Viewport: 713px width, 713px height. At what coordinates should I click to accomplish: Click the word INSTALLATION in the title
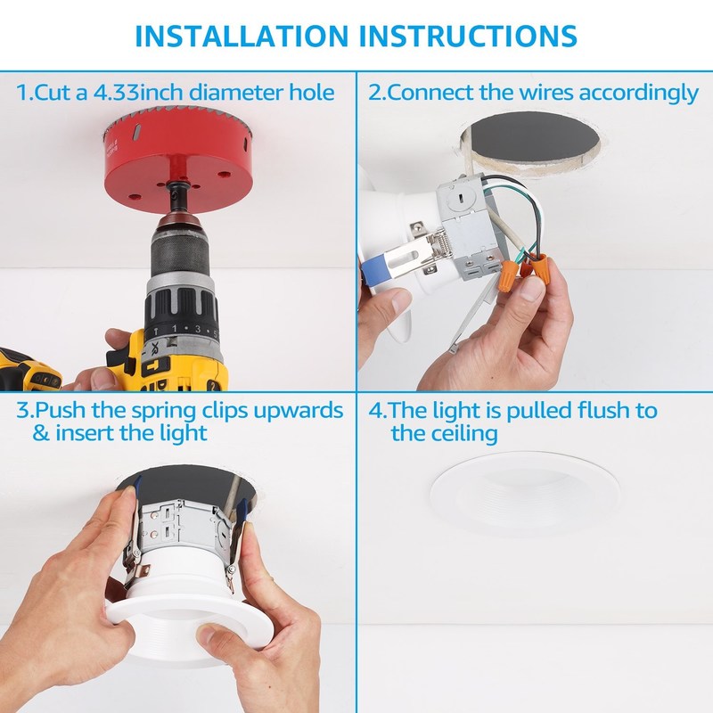point(242,36)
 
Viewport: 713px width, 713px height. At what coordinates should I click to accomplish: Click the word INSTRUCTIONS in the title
point(469,36)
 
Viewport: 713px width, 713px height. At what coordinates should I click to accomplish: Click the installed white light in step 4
point(525,493)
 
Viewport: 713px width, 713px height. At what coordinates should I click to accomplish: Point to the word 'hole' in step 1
point(312,93)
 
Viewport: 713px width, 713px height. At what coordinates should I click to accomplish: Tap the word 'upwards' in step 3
point(299,412)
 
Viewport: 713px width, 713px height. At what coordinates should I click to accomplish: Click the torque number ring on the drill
point(182,328)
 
